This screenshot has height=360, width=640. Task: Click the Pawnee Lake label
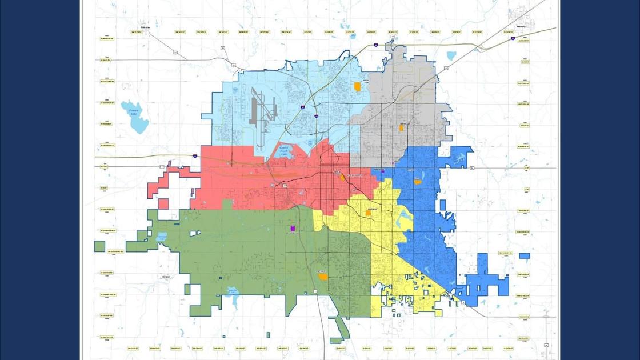(x=134, y=113)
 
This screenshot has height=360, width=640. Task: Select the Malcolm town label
(x=145, y=27)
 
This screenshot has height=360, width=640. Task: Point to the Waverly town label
(x=521, y=27)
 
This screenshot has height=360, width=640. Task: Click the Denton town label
(x=167, y=277)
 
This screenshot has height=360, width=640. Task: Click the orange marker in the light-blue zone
(x=358, y=87)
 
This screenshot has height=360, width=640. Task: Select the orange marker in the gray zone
(x=401, y=128)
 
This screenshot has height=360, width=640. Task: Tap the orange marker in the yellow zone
(x=369, y=213)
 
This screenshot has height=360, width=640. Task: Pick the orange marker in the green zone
(x=323, y=277)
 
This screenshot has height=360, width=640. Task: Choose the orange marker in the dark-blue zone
(x=418, y=182)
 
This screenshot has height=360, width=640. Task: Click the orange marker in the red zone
(x=342, y=178)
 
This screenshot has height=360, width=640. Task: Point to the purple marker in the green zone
(x=293, y=228)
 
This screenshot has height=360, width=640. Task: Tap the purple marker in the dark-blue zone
(x=383, y=171)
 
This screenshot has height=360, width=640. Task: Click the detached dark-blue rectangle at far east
(x=524, y=256)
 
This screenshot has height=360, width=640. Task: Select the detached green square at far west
(x=99, y=246)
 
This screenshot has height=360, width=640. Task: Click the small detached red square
(x=163, y=204)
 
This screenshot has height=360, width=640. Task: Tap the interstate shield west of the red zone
(x=195, y=155)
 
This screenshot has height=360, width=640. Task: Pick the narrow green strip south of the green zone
(x=341, y=329)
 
